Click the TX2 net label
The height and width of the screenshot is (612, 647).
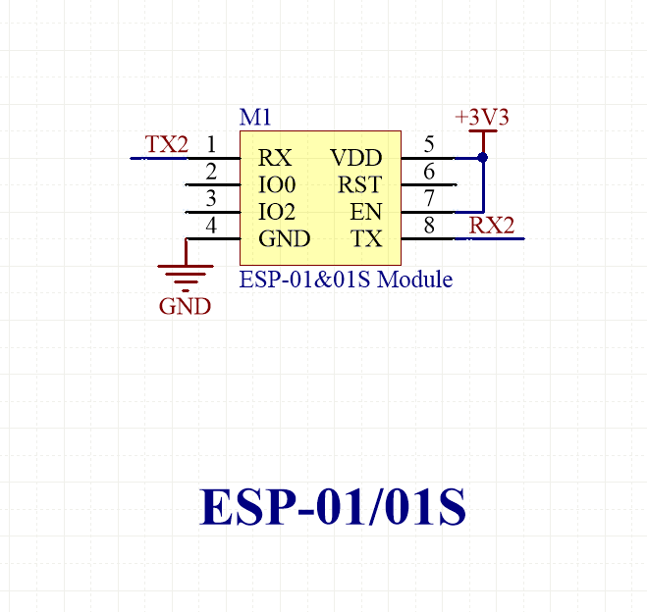click(166, 144)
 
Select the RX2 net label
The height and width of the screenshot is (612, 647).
click(491, 226)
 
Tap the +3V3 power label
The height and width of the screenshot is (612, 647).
click(482, 118)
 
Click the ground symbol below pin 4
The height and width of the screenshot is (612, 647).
click(185, 274)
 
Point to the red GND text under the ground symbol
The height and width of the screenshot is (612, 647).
click(185, 306)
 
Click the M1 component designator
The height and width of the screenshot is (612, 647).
click(255, 117)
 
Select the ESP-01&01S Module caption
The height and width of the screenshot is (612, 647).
click(346, 280)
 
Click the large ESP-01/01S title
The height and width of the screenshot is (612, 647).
click(333, 507)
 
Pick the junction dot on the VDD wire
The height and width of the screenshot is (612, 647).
click(482, 157)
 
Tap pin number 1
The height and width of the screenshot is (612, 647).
click(211, 145)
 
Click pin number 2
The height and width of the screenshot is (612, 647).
click(211, 173)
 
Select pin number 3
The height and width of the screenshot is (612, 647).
click(211, 199)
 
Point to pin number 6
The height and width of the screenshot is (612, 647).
click(429, 173)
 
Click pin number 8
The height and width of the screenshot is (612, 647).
click(429, 227)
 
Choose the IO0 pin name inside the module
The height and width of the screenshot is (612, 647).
click(276, 184)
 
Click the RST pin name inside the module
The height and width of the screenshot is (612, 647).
click(359, 184)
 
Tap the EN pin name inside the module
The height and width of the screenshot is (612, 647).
click(366, 212)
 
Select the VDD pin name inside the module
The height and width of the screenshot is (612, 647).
click(355, 158)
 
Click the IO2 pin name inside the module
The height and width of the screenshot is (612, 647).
click(276, 212)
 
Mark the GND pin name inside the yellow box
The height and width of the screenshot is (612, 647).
click(284, 239)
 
